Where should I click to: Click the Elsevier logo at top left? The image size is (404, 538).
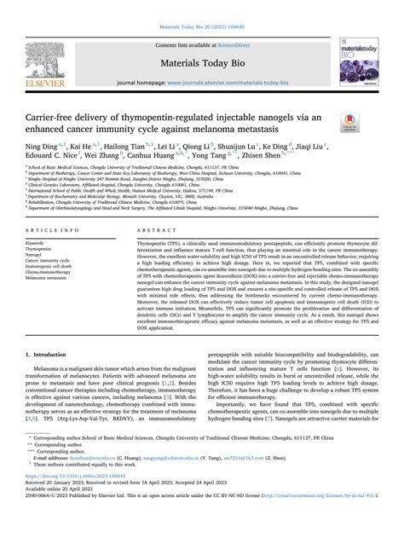46,59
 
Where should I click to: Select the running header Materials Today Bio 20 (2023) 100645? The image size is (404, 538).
201,11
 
